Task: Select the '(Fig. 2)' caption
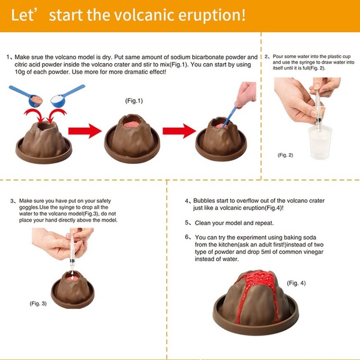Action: [x=286, y=155]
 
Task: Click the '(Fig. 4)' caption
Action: [x=296, y=283]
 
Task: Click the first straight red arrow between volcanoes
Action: [x=83, y=129]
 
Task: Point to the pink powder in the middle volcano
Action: [x=131, y=123]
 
